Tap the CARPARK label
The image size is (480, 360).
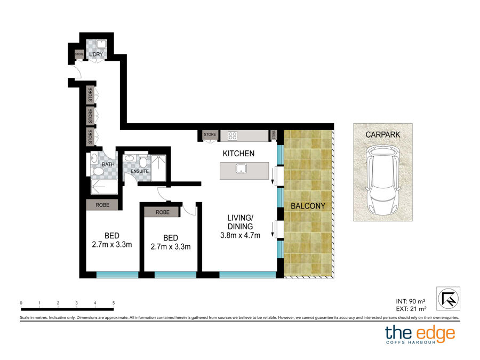[x=382, y=134]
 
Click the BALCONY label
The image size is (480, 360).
[x=308, y=206]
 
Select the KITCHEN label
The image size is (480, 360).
[x=238, y=154]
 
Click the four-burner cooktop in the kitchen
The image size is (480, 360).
[x=233, y=135]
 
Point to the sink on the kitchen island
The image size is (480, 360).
[x=241, y=169]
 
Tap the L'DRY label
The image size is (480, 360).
[x=96, y=54]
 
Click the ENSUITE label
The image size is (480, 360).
[x=140, y=171]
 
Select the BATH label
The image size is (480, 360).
[x=108, y=164]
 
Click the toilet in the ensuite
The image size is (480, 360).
[x=143, y=161]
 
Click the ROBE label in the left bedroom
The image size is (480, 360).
[x=102, y=205]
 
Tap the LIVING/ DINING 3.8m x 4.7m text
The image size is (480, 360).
[x=241, y=227]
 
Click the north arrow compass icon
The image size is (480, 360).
[x=448, y=299]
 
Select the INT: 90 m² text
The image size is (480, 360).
[x=411, y=301]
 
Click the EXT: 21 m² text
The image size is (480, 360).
[x=411, y=309]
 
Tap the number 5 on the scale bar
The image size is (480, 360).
[x=114, y=303]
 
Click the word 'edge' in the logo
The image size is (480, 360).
[x=436, y=333]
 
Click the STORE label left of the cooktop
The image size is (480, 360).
[x=210, y=134]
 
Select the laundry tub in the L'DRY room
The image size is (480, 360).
[x=101, y=44]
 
